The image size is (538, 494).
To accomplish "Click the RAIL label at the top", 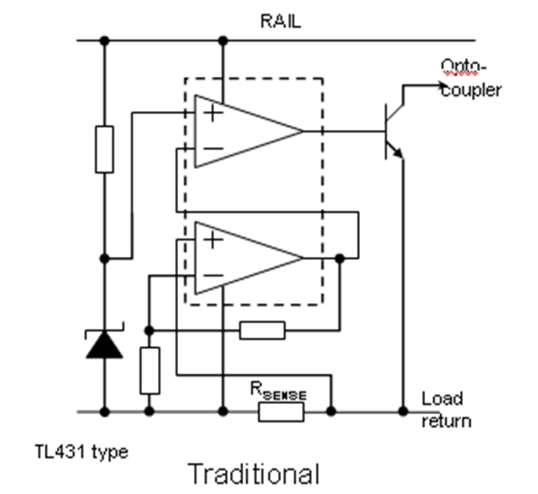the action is (281, 21).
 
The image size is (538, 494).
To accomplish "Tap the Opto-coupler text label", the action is (471, 78).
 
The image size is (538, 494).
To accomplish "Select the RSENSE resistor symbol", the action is (281, 411).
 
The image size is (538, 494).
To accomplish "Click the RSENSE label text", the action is (278, 391).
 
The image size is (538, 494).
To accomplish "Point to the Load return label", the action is (446, 410).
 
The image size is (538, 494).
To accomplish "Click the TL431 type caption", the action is (82, 452).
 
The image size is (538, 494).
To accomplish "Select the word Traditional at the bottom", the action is (254, 474).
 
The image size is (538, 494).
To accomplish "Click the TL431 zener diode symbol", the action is (105, 343).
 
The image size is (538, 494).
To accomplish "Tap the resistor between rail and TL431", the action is (105, 150).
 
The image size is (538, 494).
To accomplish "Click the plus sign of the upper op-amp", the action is (213, 113).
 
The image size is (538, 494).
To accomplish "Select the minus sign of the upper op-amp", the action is (213, 149).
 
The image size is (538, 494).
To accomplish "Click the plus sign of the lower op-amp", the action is (213, 240).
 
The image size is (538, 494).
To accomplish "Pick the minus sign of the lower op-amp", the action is (213, 275).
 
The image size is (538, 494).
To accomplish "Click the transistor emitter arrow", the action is (398, 153).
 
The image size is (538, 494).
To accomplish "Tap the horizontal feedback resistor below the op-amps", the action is (263, 331).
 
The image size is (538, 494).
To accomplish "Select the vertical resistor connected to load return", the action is (150, 371).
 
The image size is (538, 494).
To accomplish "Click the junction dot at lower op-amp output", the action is (340, 258).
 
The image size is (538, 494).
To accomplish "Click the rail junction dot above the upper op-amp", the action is (223, 40).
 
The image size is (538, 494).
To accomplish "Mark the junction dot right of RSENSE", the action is (331, 410).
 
